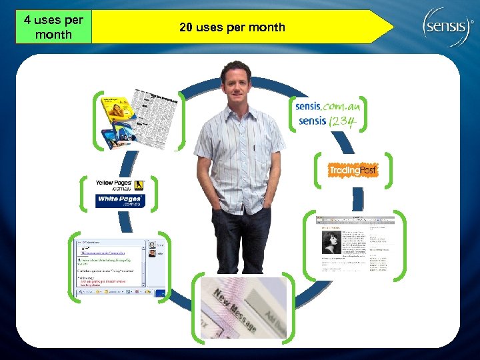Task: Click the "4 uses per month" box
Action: pos(53,27)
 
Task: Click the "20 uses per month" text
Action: pos(232,27)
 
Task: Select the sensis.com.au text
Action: pos(331,105)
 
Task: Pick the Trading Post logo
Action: pos(353,171)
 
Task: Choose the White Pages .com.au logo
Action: pos(121,201)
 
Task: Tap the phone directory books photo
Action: pos(140,119)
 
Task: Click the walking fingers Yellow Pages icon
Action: pos(139,185)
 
